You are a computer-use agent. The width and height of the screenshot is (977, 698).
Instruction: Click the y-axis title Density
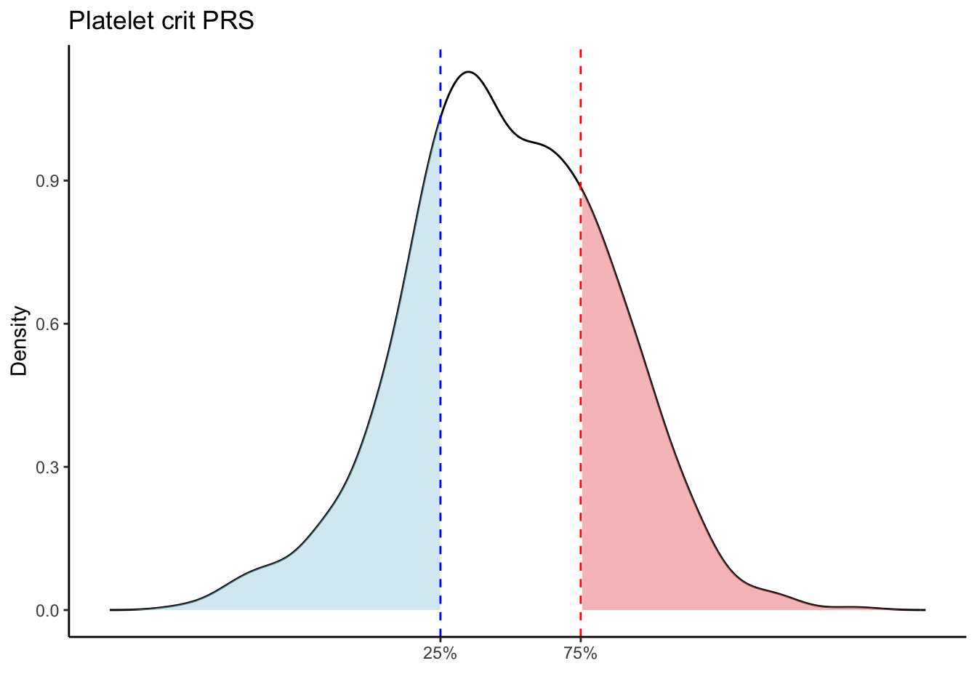coord(20,340)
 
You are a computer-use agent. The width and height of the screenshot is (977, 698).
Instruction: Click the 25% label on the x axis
coord(440,654)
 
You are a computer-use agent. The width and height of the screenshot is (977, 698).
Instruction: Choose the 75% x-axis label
coord(580,654)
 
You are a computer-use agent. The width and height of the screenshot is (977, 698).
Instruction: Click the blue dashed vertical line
coord(441,364)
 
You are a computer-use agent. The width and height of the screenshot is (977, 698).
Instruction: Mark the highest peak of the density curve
coord(469,71)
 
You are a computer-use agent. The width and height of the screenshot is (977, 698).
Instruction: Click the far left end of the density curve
coord(110,609)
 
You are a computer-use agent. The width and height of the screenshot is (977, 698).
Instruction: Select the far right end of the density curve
coord(925,609)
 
